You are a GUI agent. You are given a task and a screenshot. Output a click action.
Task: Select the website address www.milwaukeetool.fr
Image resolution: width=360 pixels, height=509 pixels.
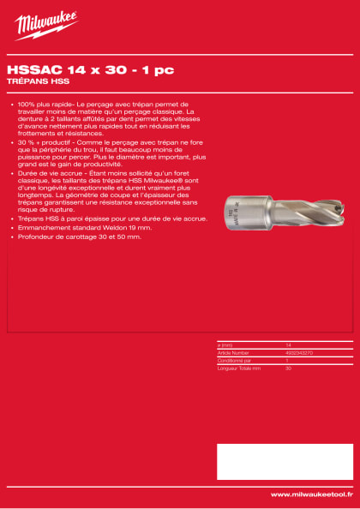(311, 494)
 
